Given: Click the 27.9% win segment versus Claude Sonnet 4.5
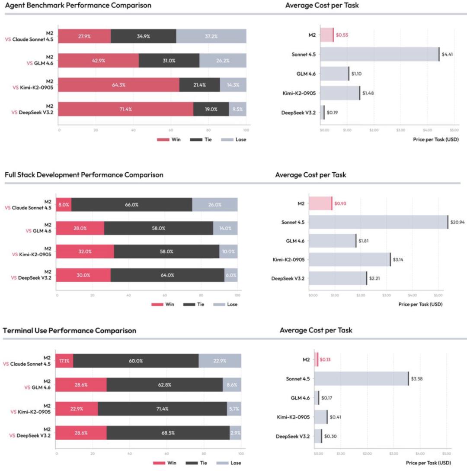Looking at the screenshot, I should [x=84, y=36].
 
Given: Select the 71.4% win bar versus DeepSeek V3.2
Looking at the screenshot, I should [x=125, y=109].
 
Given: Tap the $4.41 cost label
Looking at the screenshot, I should [x=447, y=54].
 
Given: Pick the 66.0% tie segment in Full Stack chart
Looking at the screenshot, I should [x=131, y=205].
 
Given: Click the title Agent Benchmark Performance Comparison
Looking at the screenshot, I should [x=78, y=6].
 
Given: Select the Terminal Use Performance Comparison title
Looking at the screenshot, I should [x=70, y=330].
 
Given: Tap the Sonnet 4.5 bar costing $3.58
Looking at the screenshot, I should [x=361, y=379].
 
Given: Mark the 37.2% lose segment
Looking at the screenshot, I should [x=211, y=36].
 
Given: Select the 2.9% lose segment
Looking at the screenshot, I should [x=235, y=432].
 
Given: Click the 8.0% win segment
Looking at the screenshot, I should [x=64, y=205].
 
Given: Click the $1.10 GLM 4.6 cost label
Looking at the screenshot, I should [x=356, y=74].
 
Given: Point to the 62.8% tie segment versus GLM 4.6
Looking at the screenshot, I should [x=164, y=384].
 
